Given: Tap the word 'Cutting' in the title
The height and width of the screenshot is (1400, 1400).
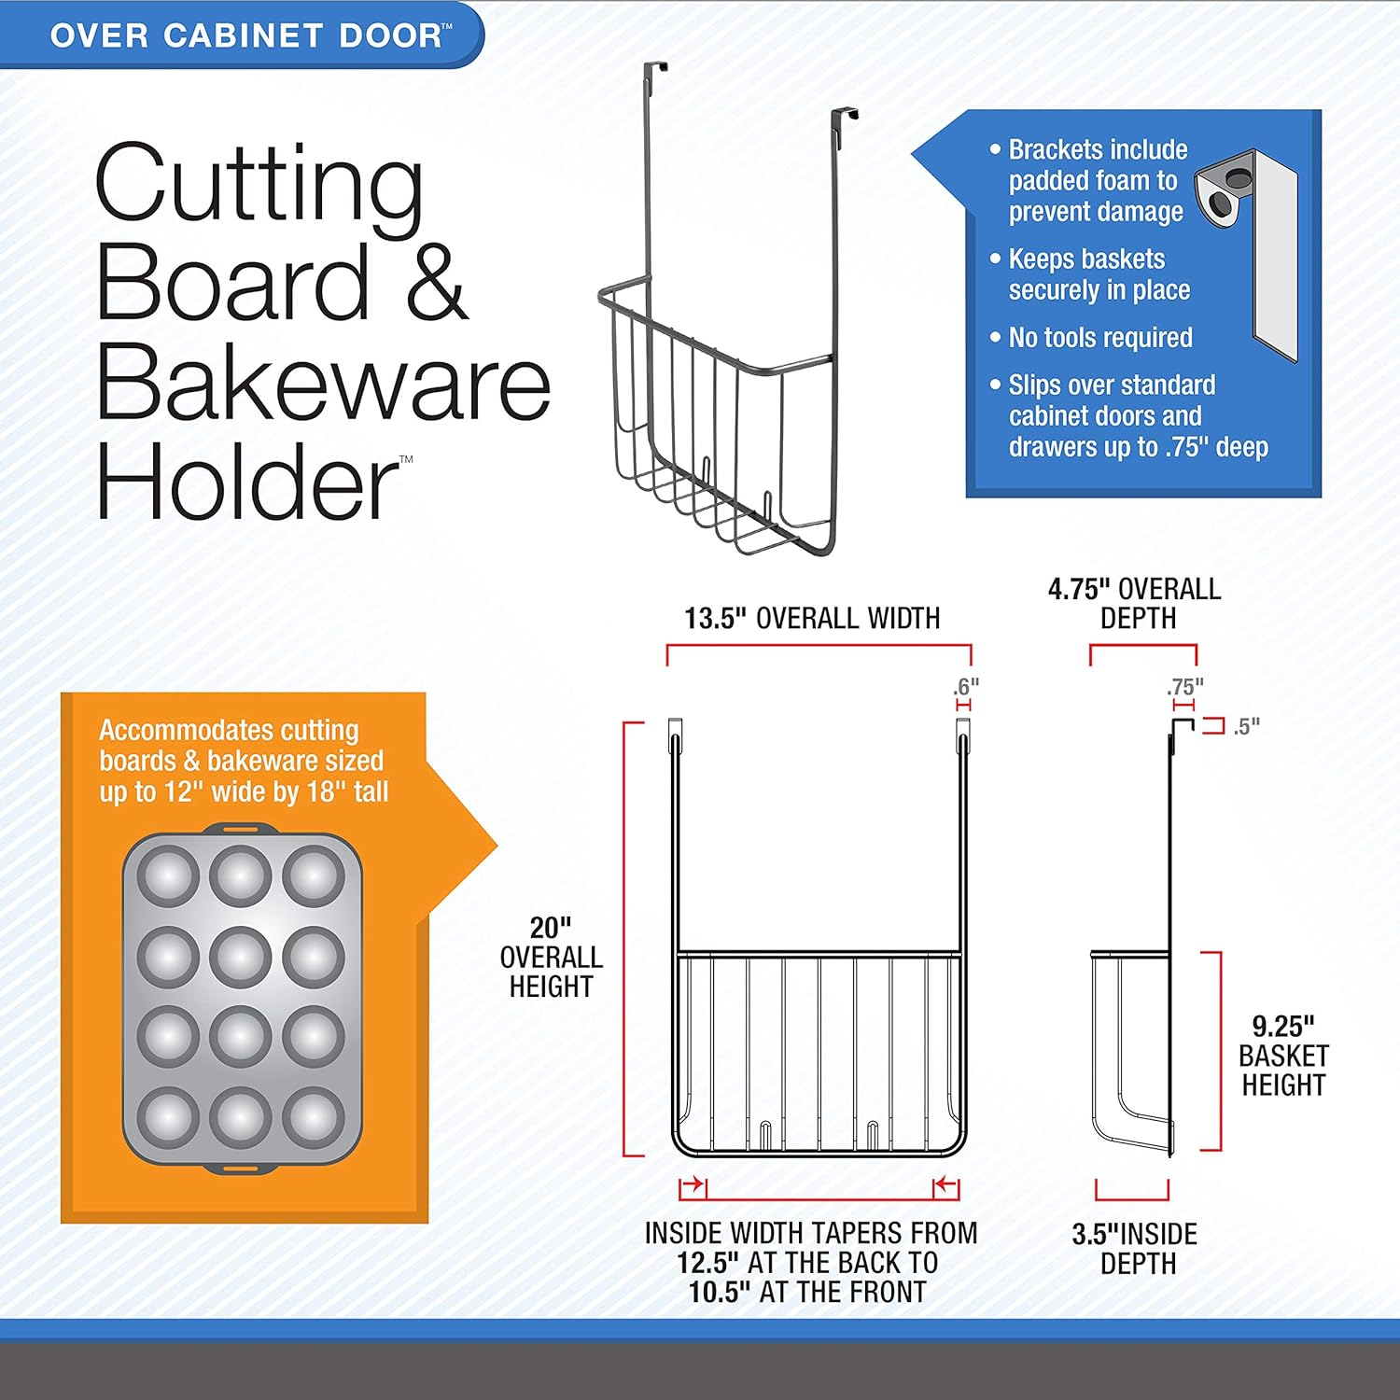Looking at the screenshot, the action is (x=259, y=186).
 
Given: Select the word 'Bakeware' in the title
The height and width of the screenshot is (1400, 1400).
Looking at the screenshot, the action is (x=323, y=382).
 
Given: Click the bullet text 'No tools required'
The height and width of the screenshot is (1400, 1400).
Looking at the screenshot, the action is (x=1100, y=338).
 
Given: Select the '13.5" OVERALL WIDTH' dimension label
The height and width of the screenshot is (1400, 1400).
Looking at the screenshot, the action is (x=812, y=618).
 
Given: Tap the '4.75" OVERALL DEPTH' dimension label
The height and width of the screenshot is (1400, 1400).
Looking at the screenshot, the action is (x=1135, y=603).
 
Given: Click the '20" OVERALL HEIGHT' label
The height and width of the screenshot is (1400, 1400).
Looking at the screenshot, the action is (x=551, y=957).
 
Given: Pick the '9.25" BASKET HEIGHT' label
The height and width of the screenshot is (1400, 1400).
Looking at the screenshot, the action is (x=1283, y=1056).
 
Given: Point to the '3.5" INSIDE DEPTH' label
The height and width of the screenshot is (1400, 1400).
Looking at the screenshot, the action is (x=1135, y=1249).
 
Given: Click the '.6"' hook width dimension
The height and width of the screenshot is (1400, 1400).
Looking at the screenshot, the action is (x=966, y=686).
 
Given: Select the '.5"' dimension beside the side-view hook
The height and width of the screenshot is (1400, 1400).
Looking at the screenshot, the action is (x=1247, y=726).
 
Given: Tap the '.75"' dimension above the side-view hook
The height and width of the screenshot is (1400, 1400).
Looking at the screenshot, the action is (x=1184, y=687).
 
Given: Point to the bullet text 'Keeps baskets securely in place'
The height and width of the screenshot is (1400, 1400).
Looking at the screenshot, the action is (x=1099, y=274).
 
